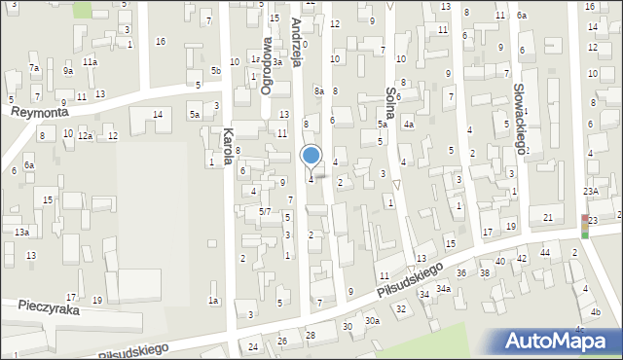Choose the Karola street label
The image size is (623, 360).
tap(229, 145)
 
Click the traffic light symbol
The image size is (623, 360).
tap(585, 226)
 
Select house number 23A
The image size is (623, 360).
tap(591, 191)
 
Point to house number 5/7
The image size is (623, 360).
tap(264, 211)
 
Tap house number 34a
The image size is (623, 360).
tap(443, 289)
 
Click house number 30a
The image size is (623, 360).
tap(371, 320)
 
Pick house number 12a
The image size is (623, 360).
tap(86, 136)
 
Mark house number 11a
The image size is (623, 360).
tap(90, 62)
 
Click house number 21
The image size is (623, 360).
tap(548, 216)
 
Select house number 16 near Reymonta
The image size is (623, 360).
tap(161, 41)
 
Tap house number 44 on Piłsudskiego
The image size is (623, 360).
tap(545, 253)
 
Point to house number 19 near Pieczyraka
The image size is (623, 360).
tap(96, 300)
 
